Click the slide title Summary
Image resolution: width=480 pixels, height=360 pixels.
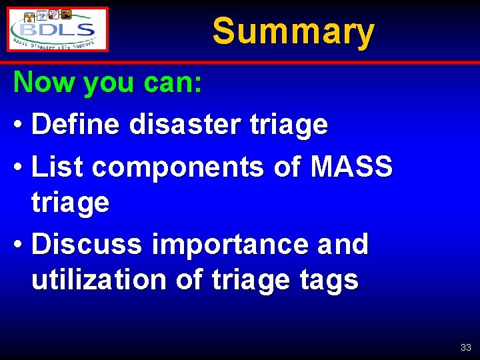click(293, 31)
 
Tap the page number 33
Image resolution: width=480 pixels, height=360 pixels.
click(465, 347)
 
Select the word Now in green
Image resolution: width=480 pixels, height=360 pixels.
click(41, 83)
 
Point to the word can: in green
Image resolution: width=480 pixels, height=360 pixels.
click(173, 83)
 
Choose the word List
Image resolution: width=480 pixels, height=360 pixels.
click(58, 167)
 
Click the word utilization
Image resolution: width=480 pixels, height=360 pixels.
click(99, 280)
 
